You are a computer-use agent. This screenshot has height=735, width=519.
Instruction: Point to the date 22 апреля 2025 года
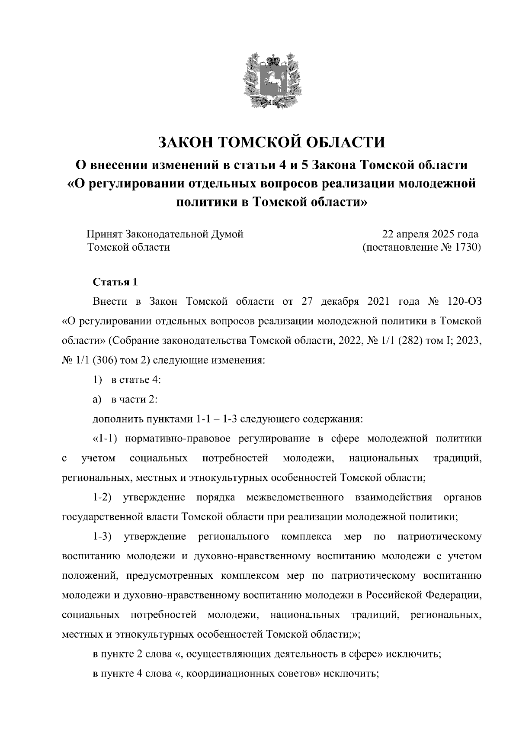click(430, 234)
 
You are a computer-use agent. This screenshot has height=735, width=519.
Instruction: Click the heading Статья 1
click(115, 282)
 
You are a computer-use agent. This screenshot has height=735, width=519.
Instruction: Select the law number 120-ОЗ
click(465, 302)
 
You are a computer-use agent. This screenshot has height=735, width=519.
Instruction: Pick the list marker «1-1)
click(106, 438)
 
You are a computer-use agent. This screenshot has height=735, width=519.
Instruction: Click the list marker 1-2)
click(103, 497)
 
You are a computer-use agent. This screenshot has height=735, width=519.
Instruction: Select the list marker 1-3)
click(103, 537)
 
